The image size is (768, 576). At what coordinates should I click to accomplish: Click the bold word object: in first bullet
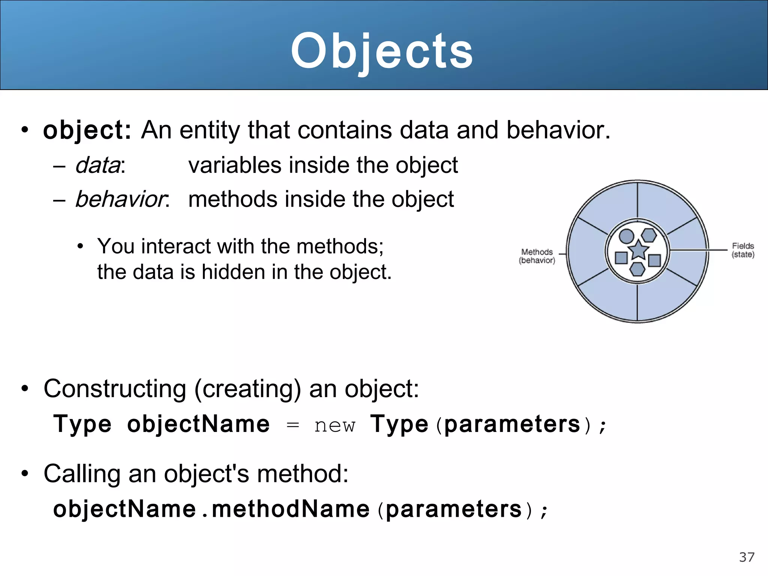coord(87,130)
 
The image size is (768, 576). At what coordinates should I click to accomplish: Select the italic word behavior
coord(120,199)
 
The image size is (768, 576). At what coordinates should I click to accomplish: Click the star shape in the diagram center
coord(638,250)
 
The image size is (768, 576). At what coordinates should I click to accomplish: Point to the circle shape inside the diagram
coord(626,236)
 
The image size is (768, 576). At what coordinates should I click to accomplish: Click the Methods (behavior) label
coord(537,256)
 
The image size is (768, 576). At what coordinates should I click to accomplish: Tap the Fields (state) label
coord(742,250)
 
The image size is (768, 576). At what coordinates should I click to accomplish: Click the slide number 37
coord(747,557)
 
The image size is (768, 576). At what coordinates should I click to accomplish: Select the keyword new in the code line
coord(334,425)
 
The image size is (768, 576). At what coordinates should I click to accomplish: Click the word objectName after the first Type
coord(198,424)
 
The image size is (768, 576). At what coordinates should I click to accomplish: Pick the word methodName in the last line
coord(291,509)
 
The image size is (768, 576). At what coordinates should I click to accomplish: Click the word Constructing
coord(115,389)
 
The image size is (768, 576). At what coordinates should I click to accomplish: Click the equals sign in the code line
coord(292,425)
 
